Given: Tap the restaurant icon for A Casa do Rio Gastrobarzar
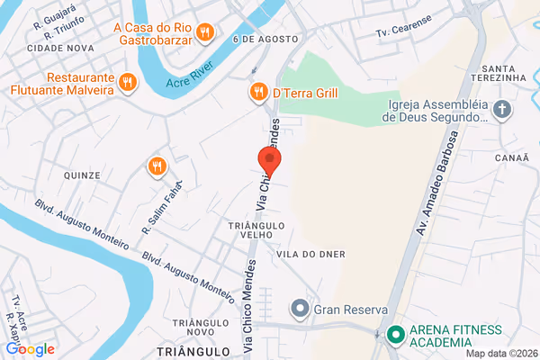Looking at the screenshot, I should click(206, 33).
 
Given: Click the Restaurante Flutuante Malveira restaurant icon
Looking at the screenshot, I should click(128, 83).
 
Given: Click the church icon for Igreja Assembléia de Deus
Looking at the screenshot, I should click(502, 110).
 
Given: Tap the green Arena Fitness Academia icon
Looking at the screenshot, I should click(393, 335).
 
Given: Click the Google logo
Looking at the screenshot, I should click(30, 349).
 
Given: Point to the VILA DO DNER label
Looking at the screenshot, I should click(311, 254).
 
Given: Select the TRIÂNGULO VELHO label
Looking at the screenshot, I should click(256, 230).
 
